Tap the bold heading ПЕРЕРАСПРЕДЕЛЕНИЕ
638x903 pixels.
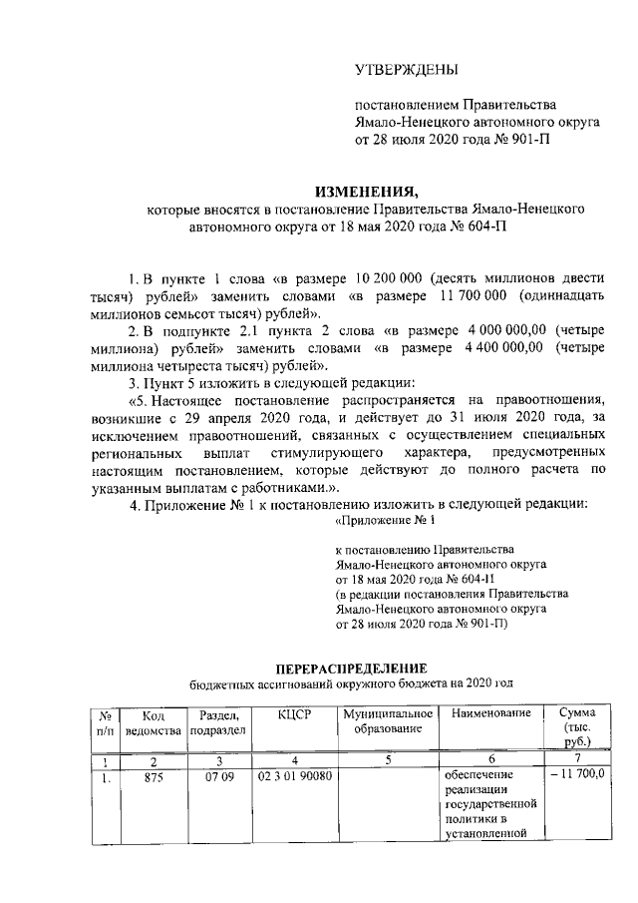350,667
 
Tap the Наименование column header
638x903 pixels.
489,714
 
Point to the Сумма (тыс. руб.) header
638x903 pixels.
577,728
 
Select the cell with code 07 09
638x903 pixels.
219,775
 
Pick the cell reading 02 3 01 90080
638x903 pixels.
296,775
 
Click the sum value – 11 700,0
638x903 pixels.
578,775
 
